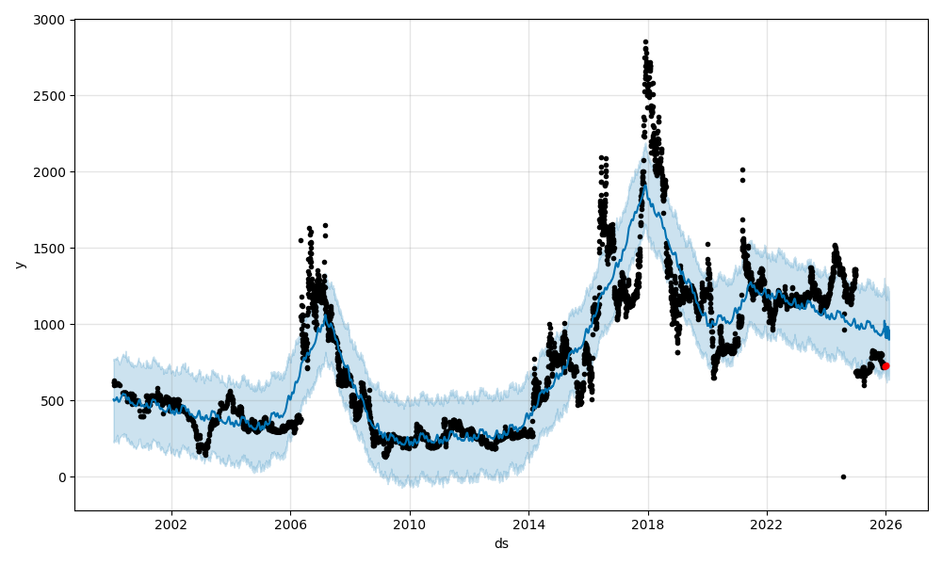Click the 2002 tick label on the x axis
tap(171, 524)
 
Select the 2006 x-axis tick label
tap(290, 524)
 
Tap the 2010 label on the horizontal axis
tap(409, 524)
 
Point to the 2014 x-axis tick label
tap(528, 524)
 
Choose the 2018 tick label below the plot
tap(647, 524)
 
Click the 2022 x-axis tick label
tap(767, 524)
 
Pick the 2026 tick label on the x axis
tap(885, 524)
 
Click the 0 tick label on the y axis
tap(61, 477)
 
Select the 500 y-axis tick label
tap(55, 401)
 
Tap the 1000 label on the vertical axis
tap(51, 325)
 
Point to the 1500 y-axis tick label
tap(51, 249)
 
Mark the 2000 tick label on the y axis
tap(51, 172)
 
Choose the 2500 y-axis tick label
tap(51, 96)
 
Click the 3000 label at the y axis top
tap(51, 20)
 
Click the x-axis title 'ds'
tap(501, 543)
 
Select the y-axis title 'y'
tap(20, 265)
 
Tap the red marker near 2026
tap(885, 366)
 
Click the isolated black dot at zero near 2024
tap(843, 476)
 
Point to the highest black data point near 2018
tap(645, 41)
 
